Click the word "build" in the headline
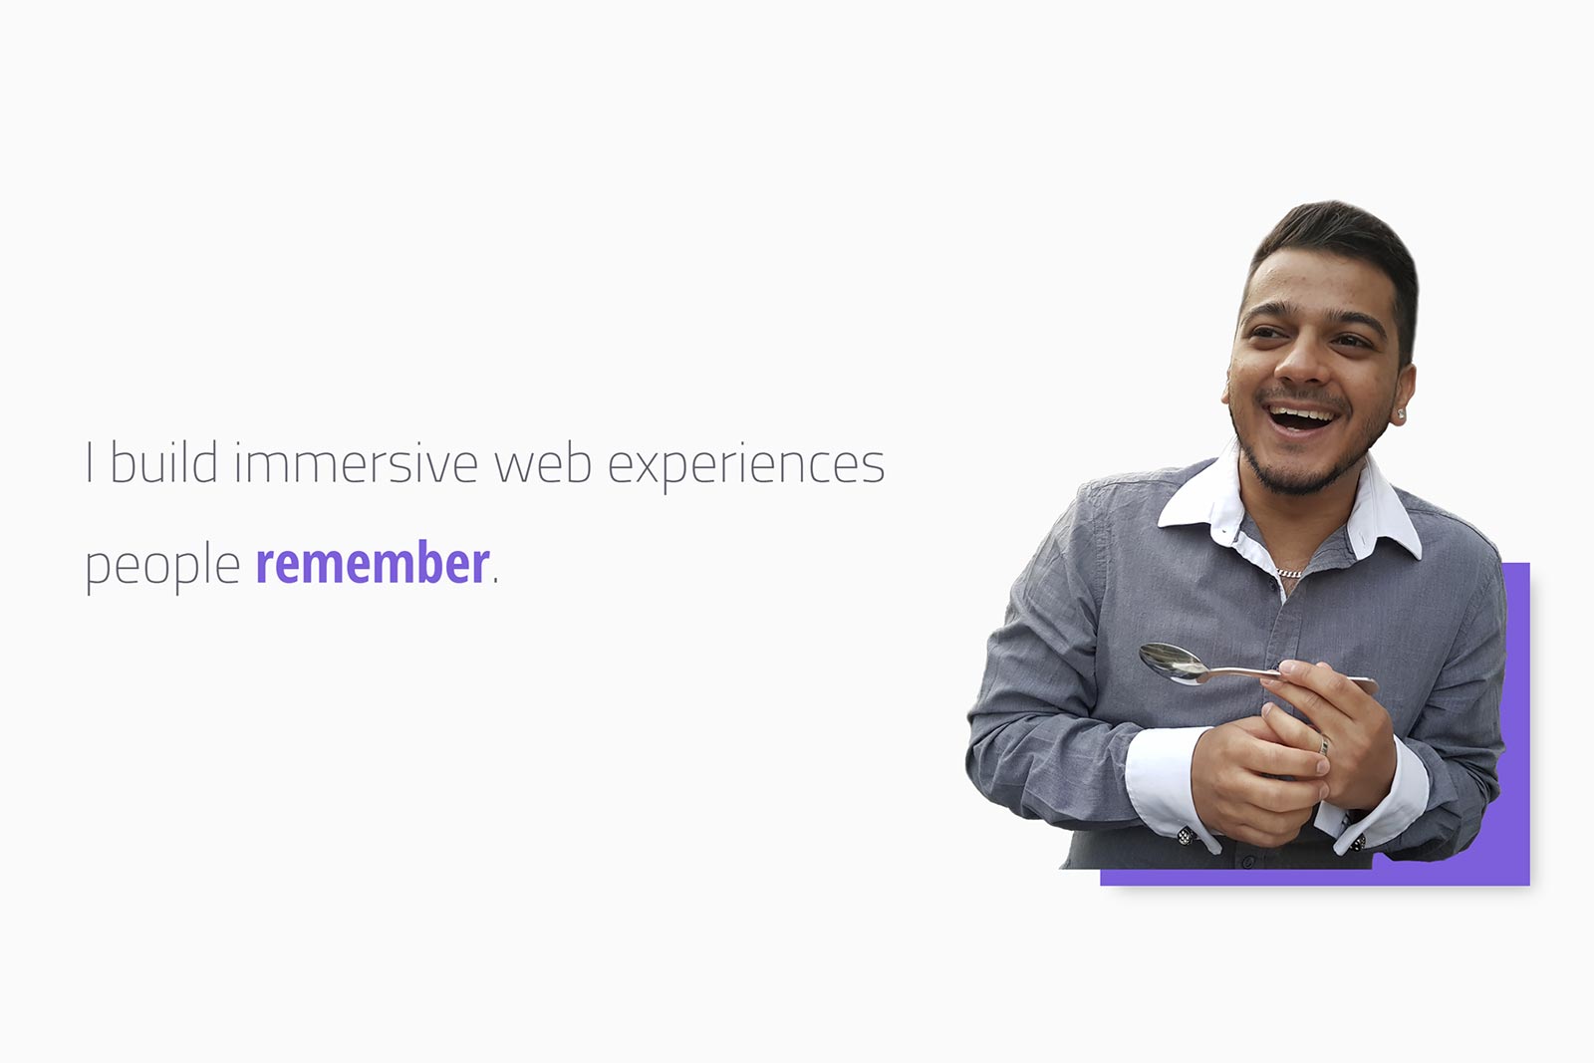pyautogui.click(x=163, y=462)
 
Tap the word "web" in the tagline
pyautogui.click(x=543, y=462)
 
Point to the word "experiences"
pyautogui.click(x=746, y=466)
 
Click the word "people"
pyautogui.click(x=162, y=566)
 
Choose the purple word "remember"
pyautogui.click(x=373, y=562)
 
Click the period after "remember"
pyautogui.click(x=495, y=581)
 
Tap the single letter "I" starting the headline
pyautogui.click(x=89, y=462)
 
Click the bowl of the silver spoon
pyautogui.click(x=1173, y=664)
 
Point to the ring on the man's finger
pyautogui.click(x=1324, y=745)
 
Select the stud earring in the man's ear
pyautogui.click(x=1401, y=414)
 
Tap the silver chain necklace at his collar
pyautogui.click(x=1289, y=573)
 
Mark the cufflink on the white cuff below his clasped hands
pyautogui.click(x=1185, y=835)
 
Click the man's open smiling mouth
pyautogui.click(x=1301, y=417)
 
